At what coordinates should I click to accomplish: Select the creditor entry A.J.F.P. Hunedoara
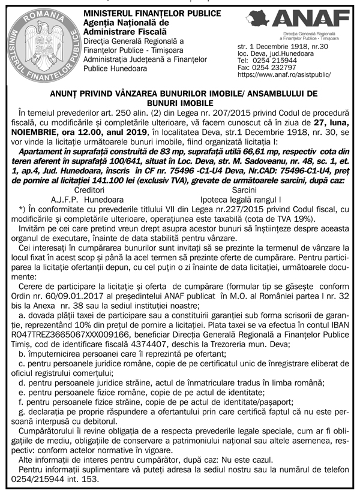88,198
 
